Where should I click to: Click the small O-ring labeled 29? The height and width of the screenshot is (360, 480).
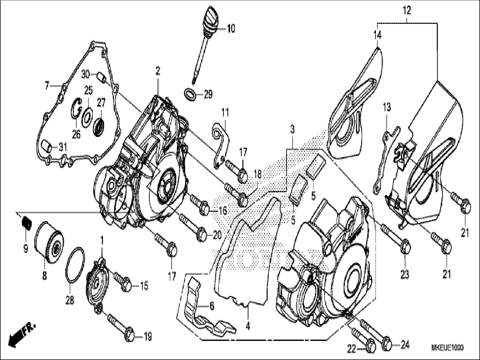[190, 93]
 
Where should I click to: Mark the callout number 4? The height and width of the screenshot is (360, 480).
[248, 327]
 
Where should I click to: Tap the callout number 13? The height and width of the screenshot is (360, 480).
[387, 108]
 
